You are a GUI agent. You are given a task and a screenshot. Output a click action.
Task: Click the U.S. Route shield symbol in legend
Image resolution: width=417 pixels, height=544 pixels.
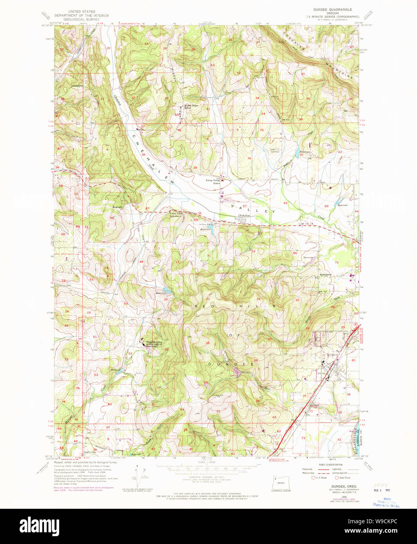click(312, 478)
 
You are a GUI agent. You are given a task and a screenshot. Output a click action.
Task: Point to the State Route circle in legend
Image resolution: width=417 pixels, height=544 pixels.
click(336, 478)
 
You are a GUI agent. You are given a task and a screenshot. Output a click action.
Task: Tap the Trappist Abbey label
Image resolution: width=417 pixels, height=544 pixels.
click(154, 344)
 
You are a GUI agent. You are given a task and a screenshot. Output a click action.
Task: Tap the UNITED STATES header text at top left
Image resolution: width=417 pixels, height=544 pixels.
click(82, 12)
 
